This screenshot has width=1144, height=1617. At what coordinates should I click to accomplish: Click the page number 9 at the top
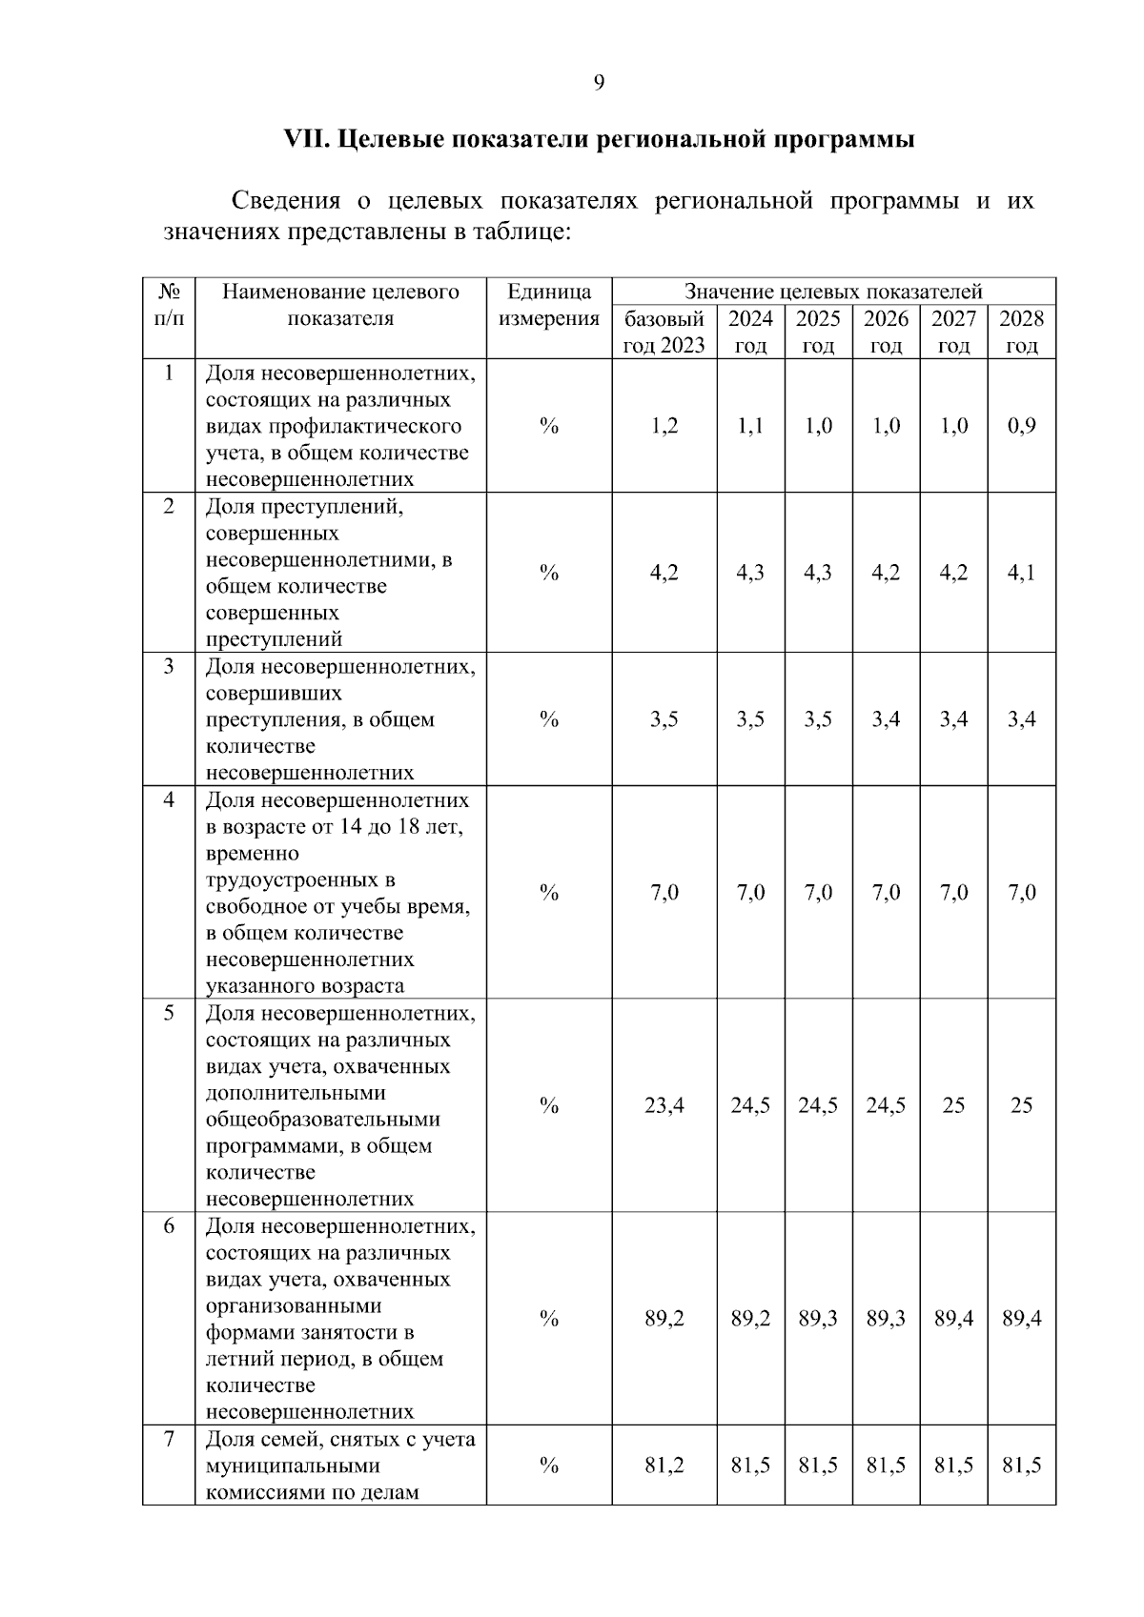(599, 83)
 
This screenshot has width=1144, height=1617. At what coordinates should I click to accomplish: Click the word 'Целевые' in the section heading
(391, 139)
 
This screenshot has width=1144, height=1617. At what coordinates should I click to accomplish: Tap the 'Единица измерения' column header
(548, 305)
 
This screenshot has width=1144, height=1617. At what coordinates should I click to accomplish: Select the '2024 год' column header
(750, 331)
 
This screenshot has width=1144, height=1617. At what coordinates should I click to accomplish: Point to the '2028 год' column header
(1021, 331)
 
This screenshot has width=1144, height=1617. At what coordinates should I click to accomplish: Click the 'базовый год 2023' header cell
(664, 331)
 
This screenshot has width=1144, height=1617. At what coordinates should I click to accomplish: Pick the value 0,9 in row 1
(1021, 426)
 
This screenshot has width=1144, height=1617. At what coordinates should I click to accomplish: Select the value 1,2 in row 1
(664, 426)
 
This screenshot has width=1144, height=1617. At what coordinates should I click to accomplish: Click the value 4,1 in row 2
(1021, 573)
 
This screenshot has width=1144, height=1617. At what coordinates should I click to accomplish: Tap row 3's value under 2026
(886, 719)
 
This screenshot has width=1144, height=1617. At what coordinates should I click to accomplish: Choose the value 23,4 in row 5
(664, 1105)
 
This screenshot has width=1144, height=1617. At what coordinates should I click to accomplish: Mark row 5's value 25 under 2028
(1021, 1105)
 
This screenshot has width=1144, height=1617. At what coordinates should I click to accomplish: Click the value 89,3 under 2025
(818, 1319)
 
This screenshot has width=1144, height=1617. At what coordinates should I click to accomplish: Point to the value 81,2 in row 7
(664, 1465)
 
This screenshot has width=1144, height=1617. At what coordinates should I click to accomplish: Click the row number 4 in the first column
(169, 800)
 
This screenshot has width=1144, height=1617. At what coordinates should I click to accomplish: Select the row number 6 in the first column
(169, 1226)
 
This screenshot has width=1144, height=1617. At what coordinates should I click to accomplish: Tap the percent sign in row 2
(548, 573)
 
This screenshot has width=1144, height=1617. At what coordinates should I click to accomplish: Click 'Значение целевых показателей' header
(833, 292)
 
